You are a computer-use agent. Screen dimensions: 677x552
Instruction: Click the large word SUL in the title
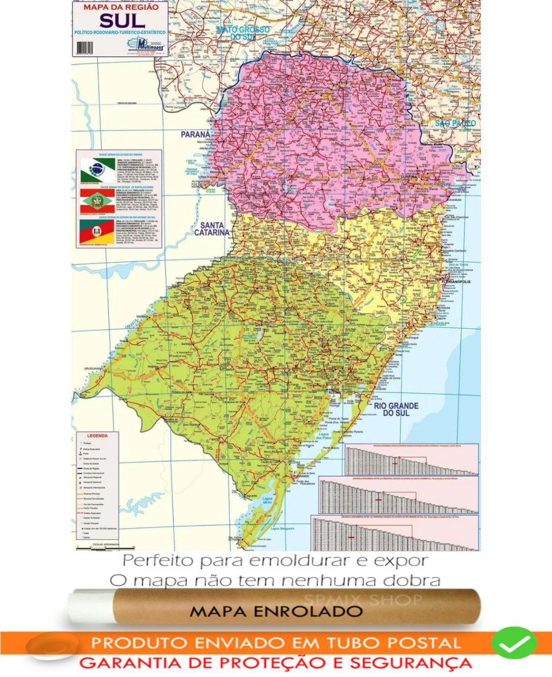click(121, 20)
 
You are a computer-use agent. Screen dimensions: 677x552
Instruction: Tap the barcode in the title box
click(84, 47)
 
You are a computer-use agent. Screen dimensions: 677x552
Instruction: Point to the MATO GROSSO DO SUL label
click(243, 33)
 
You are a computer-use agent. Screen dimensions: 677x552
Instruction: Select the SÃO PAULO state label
click(455, 123)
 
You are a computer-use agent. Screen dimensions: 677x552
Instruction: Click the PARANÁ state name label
click(195, 134)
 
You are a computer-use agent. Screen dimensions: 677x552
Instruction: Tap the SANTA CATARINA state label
click(211, 229)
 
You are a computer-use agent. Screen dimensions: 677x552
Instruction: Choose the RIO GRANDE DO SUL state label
click(396, 409)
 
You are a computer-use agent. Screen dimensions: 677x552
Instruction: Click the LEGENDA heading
click(97, 436)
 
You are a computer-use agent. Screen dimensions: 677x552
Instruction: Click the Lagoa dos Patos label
click(324, 437)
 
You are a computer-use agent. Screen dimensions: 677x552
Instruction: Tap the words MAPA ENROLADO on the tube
click(276, 611)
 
